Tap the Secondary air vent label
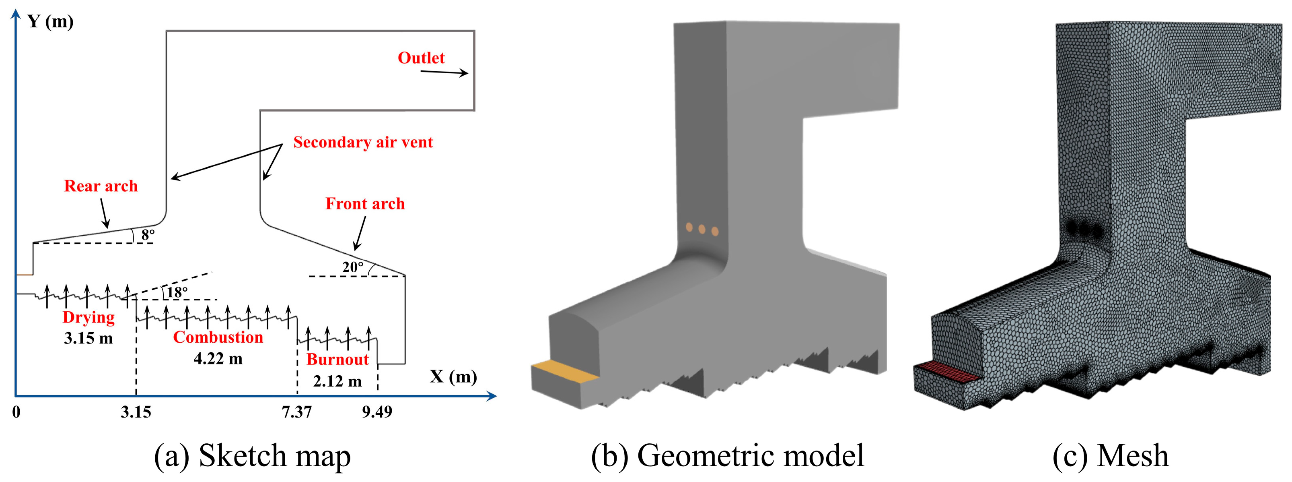pyautogui.click(x=363, y=142)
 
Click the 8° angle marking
pyautogui.click(x=148, y=234)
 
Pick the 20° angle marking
pyautogui.click(x=353, y=267)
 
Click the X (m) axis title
pyautogui.click(x=453, y=376)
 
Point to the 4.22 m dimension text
pyautogui.click(x=218, y=358)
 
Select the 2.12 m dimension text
pyautogui.click(x=337, y=381)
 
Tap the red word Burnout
pyautogui.click(x=337, y=360)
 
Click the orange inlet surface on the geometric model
pyautogui.click(x=564, y=372)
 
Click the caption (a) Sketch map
pyautogui.click(x=252, y=456)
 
